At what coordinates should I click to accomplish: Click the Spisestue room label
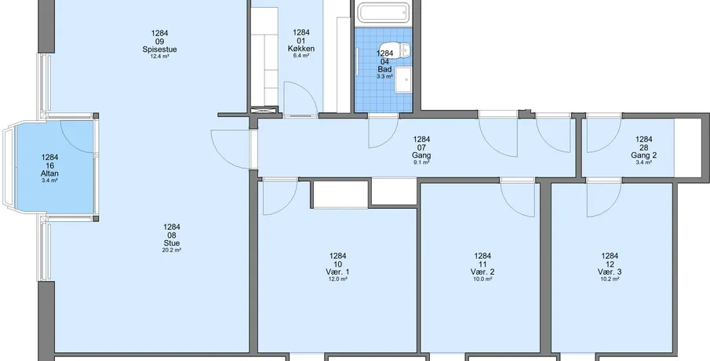tap(159, 49)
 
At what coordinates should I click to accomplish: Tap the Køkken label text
tap(301, 49)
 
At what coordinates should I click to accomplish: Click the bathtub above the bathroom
tap(384, 13)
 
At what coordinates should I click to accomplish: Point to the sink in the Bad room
tap(403, 80)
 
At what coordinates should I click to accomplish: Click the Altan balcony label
tap(49, 173)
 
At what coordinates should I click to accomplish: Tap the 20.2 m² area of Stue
tap(172, 250)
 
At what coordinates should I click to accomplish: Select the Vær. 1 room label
tap(338, 272)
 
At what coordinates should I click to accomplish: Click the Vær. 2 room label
tap(482, 272)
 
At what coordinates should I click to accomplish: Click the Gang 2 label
tap(643, 155)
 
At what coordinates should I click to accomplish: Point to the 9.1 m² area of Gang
tap(421, 162)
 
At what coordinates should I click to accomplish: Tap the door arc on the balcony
tap(77, 137)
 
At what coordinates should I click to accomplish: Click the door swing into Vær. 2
tap(518, 200)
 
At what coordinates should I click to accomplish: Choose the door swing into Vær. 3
tap(604, 200)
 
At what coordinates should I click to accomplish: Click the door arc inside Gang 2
tap(604, 135)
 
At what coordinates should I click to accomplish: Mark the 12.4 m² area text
tap(159, 57)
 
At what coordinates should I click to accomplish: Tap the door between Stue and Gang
tap(231, 149)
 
